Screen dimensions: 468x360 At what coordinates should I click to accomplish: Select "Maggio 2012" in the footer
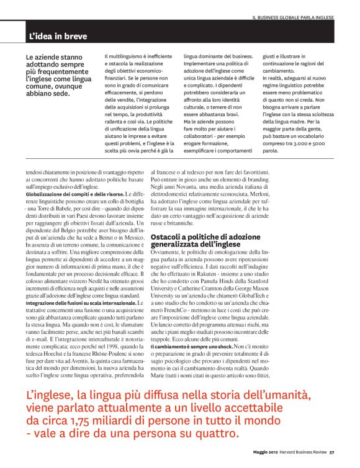click(x=268, y=451)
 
